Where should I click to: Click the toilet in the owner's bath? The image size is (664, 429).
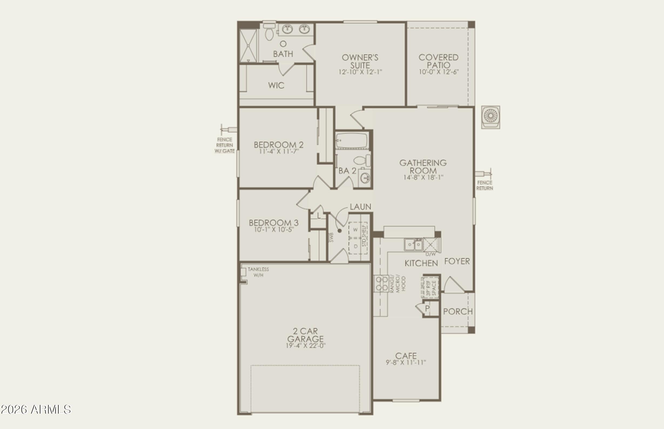coord(269,33)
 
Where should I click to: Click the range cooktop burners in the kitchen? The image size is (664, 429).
coord(381,283)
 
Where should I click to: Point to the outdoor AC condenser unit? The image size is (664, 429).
coord(491,117)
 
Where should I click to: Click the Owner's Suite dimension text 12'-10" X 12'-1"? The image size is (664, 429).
coord(360,72)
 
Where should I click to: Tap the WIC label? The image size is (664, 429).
coord(276,85)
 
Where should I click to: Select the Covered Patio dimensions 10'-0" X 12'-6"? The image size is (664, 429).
coord(438,72)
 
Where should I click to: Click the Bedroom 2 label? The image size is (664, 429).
coord(279,145)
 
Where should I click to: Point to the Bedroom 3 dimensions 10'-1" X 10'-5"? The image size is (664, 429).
coord(274,230)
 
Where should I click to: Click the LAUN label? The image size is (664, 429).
coord(360,207)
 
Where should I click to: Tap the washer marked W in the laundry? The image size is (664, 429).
coord(355,230)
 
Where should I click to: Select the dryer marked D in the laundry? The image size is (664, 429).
coord(356,246)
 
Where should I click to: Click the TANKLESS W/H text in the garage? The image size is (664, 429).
coord(258,272)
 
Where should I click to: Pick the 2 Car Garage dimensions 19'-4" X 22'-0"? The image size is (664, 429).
coord(306,346)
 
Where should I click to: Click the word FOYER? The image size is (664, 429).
coord(457,261)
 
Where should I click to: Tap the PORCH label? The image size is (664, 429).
coord(458,311)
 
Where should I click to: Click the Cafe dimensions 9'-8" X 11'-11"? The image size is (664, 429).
coord(406,363)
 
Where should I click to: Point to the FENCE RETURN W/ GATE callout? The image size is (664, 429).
coord(224,145)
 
